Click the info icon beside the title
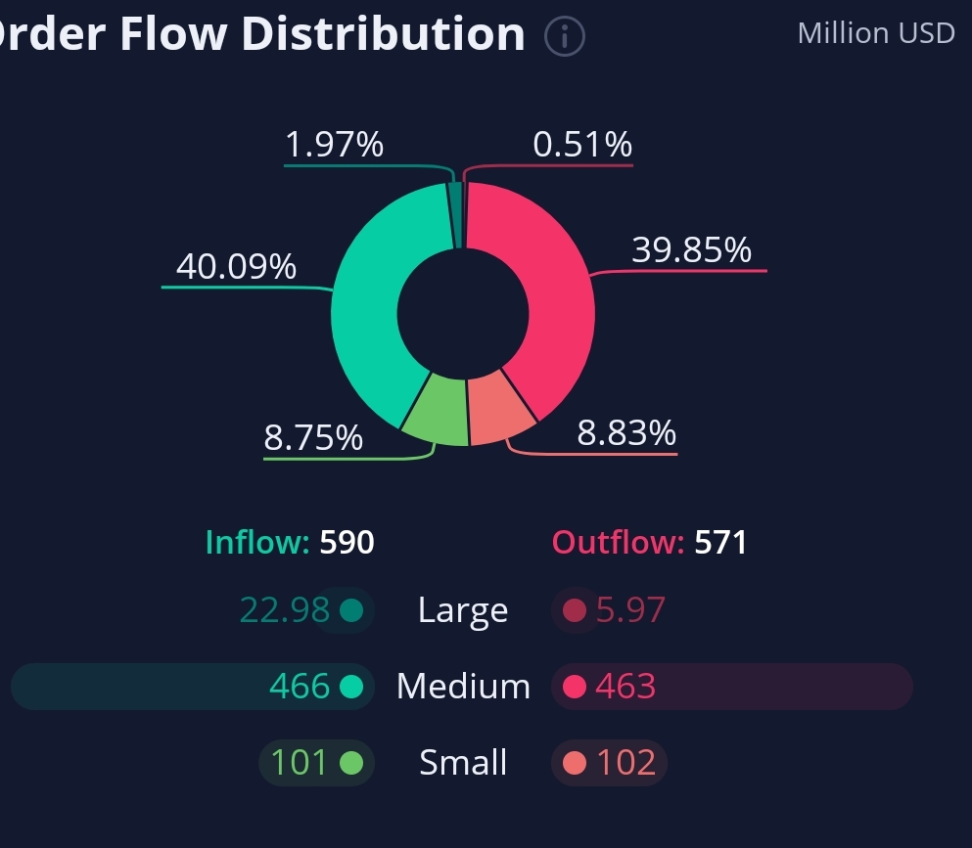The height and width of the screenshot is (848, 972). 565,37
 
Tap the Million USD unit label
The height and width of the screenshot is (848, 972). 876,33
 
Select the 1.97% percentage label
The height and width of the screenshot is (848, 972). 334,146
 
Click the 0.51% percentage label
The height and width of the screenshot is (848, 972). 582,146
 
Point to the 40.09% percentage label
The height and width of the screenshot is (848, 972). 236,267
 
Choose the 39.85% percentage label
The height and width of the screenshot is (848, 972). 691,250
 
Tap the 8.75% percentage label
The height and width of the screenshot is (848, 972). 313,438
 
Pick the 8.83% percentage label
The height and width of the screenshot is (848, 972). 626,432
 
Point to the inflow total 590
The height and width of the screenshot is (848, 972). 347,542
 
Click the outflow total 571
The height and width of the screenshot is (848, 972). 720,542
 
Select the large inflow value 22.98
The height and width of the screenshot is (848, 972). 284,610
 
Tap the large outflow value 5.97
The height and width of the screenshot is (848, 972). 630,610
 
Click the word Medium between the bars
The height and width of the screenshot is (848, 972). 463,687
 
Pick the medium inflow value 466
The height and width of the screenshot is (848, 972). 299,687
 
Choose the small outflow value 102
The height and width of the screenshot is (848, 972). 625,763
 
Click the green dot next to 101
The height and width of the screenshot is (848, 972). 351,763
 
